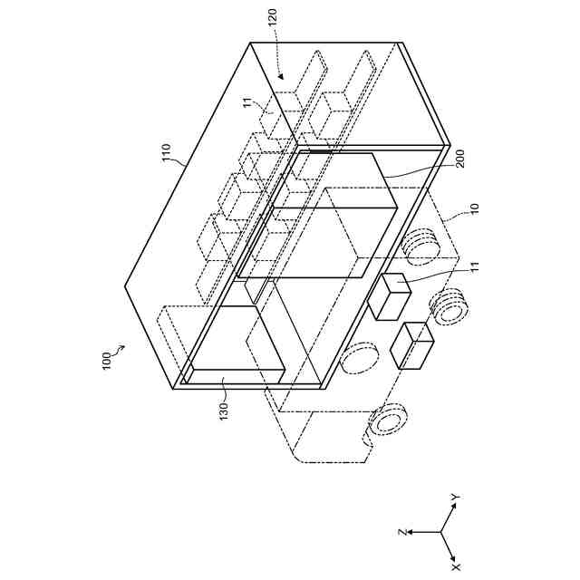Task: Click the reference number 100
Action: [x=105, y=362]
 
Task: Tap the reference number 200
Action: [x=459, y=161]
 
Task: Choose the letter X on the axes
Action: [x=456, y=565]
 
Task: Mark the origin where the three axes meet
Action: [x=442, y=532]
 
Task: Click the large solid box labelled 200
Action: [x=317, y=217]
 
